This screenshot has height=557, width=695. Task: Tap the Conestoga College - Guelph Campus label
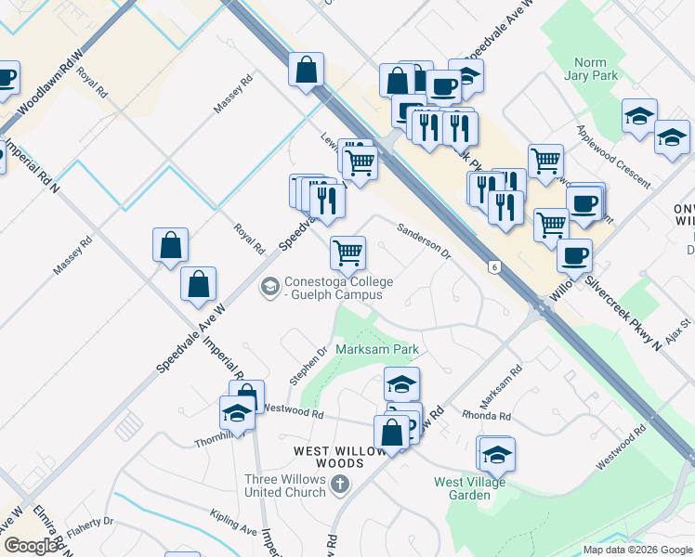click(338, 289)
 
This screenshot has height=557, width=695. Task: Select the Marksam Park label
click(377, 350)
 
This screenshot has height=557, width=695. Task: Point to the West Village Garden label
click(470, 488)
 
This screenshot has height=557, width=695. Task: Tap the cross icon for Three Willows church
click(341, 484)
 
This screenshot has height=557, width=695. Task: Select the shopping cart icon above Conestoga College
click(347, 251)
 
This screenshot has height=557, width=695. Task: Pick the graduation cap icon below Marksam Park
click(401, 382)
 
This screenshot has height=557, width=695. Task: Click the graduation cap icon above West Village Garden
click(497, 454)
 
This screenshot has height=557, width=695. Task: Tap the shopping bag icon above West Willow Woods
click(391, 433)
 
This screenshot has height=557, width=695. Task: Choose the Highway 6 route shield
click(495, 267)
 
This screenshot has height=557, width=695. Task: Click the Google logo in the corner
click(31, 546)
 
